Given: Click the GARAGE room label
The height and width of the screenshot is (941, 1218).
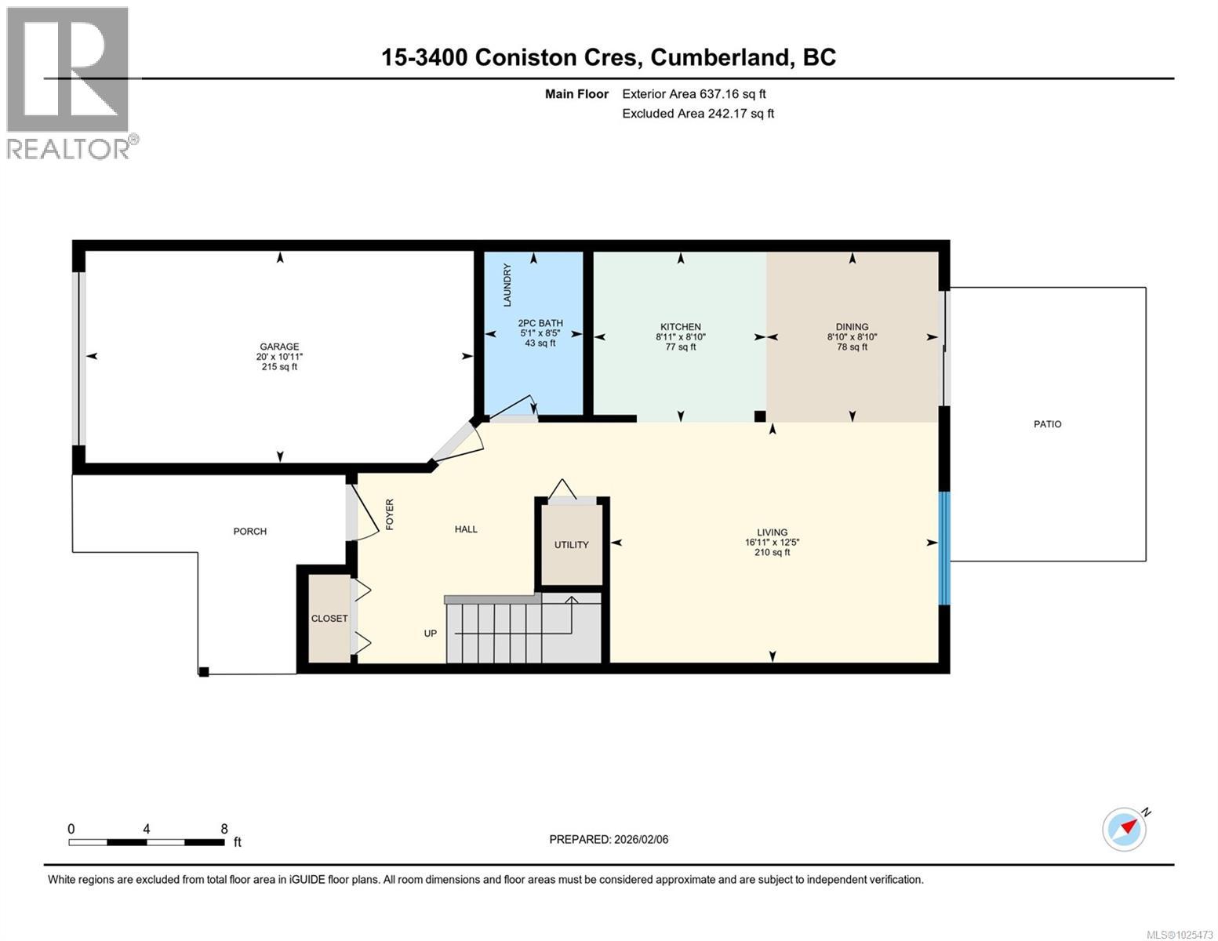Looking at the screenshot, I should (x=279, y=347).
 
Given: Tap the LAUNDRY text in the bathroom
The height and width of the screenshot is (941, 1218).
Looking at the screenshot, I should (x=507, y=285).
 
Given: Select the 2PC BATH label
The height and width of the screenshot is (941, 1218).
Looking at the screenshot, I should (x=540, y=323).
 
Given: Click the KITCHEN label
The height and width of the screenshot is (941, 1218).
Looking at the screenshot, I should (x=680, y=327).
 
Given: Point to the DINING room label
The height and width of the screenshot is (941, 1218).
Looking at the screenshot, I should (x=852, y=327).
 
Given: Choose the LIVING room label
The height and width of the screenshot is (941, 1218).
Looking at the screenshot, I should (x=772, y=532).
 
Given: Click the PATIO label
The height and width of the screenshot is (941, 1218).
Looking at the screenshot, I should (x=1047, y=424).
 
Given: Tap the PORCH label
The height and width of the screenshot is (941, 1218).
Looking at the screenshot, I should (x=250, y=532).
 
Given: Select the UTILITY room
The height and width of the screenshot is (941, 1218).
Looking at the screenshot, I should (x=571, y=545).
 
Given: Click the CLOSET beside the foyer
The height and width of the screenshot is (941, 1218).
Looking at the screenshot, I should (x=329, y=619).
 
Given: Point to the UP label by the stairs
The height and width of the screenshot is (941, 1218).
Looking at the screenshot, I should (x=431, y=634).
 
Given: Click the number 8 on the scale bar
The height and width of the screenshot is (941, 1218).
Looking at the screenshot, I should (x=224, y=829).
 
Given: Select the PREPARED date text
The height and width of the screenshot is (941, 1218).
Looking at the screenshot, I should (x=609, y=840).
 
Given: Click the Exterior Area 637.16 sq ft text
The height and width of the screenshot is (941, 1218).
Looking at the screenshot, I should (x=693, y=94).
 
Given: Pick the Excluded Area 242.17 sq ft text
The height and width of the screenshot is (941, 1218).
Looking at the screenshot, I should (x=697, y=114).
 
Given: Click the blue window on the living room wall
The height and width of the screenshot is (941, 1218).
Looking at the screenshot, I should (x=944, y=548).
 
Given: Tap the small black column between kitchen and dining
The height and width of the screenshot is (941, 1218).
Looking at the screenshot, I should (x=759, y=416).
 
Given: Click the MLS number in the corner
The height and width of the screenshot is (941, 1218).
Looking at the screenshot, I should (x=1180, y=934).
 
